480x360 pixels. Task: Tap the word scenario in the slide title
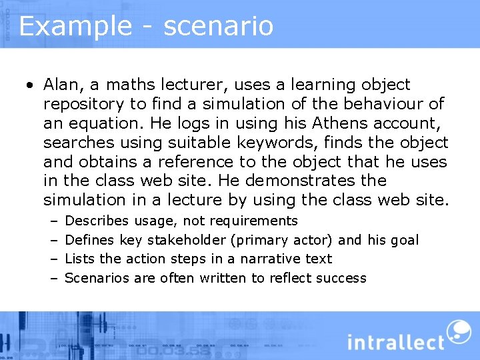pos(218,27)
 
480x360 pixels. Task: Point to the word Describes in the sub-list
pos(97,221)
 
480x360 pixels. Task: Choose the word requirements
pos(254,221)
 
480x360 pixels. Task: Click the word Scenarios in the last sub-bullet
pos(97,278)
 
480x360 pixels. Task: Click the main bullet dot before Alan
pos(30,86)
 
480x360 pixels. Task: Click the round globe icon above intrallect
pos(458,331)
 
